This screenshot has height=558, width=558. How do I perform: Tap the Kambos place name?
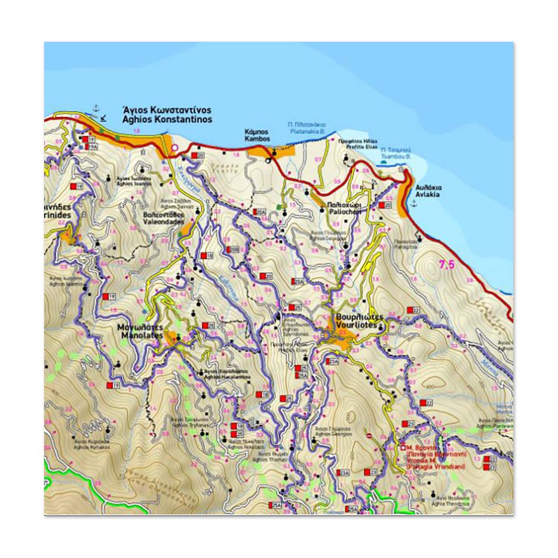click(x=257, y=136)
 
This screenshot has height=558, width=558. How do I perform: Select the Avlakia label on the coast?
click(x=427, y=191)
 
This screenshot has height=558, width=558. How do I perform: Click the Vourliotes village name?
click(x=359, y=320)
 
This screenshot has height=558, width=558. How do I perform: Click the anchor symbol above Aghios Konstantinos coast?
click(x=95, y=107)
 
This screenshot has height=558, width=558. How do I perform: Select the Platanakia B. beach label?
click(x=307, y=128)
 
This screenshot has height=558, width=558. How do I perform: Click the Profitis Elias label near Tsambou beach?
click(x=358, y=144)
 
